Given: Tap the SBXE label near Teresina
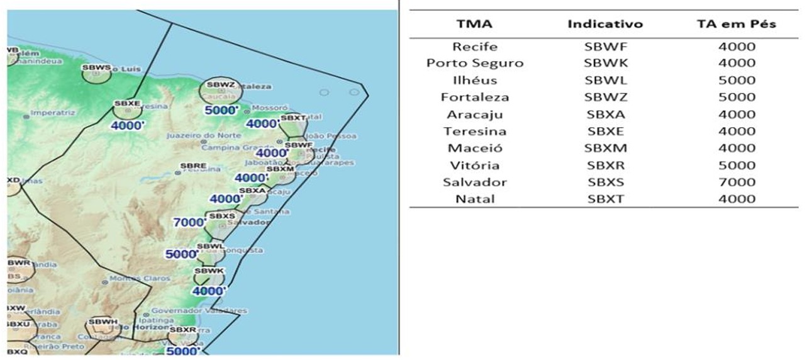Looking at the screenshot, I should (x=127, y=103).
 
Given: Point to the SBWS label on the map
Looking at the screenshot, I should (x=96, y=67).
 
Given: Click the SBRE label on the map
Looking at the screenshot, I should (x=192, y=166).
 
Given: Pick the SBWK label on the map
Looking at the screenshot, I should (x=209, y=271).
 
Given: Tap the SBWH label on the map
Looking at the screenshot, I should (x=103, y=322).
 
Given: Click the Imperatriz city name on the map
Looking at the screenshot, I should (x=53, y=113).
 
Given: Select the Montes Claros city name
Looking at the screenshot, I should (x=140, y=278).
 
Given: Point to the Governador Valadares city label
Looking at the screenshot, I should (x=199, y=310).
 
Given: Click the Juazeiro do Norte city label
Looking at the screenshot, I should (x=199, y=135).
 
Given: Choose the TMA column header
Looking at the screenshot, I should (x=475, y=25).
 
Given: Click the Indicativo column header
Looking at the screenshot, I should (x=605, y=25).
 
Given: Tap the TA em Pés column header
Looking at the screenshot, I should (x=735, y=25).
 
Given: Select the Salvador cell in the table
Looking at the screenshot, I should (x=475, y=183).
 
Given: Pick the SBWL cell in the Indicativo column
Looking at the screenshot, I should (x=605, y=81).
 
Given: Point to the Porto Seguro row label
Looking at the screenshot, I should (x=475, y=64).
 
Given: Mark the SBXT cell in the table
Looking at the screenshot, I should (x=605, y=200).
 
